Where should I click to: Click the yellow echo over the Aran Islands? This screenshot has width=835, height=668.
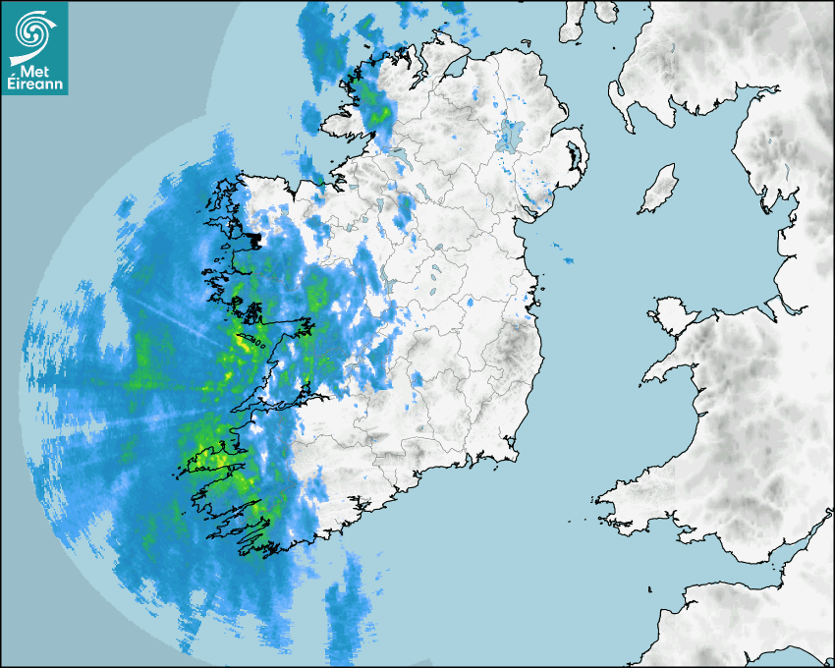(x=243, y=345)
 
